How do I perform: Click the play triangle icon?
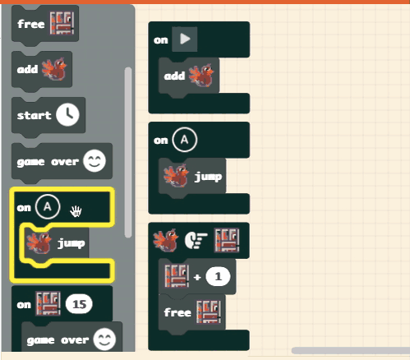[185, 39]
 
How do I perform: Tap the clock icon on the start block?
[68, 114]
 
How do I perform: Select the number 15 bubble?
[79, 304]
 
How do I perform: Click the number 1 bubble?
[218, 277]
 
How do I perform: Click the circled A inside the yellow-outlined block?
[48, 206]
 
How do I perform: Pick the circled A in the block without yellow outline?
[185, 140]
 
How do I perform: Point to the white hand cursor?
[76, 211]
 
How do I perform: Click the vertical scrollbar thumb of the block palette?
[128, 153]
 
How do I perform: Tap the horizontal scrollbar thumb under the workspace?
[351, 350]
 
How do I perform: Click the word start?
[34, 115]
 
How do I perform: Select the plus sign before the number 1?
[197, 277]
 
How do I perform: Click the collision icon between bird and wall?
[196, 241]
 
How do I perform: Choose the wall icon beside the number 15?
[48, 303]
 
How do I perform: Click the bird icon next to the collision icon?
[165, 240]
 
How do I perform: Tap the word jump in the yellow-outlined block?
[71, 243]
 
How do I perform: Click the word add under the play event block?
[174, 76]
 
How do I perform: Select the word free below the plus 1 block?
[177, 312]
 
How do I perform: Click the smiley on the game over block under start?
[94, 161]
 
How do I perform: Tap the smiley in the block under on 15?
[104, 339]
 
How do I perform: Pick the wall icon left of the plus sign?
[177, 276]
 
